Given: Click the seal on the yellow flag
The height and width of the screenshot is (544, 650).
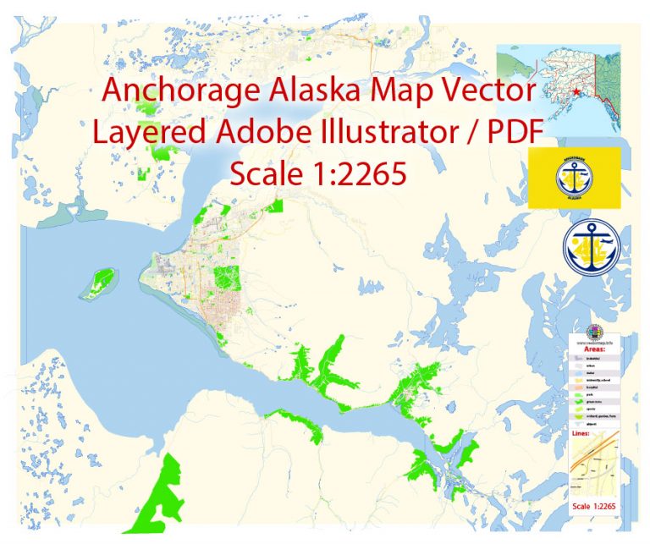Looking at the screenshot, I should point(575,178).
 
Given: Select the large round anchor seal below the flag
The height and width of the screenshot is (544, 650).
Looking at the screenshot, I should point(592,247).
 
